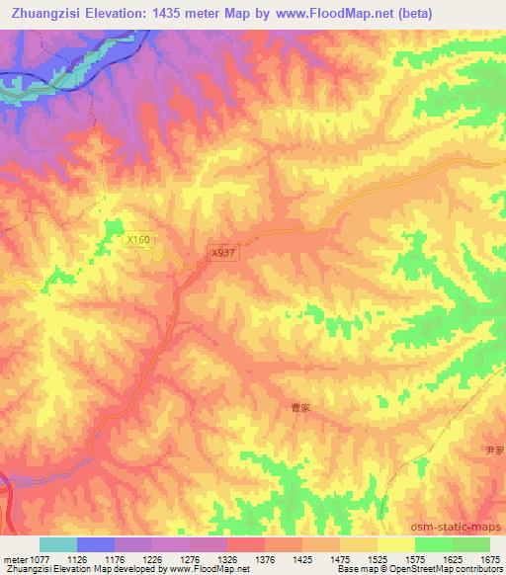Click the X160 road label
139,239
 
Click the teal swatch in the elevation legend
58,544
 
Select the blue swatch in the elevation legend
96,544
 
